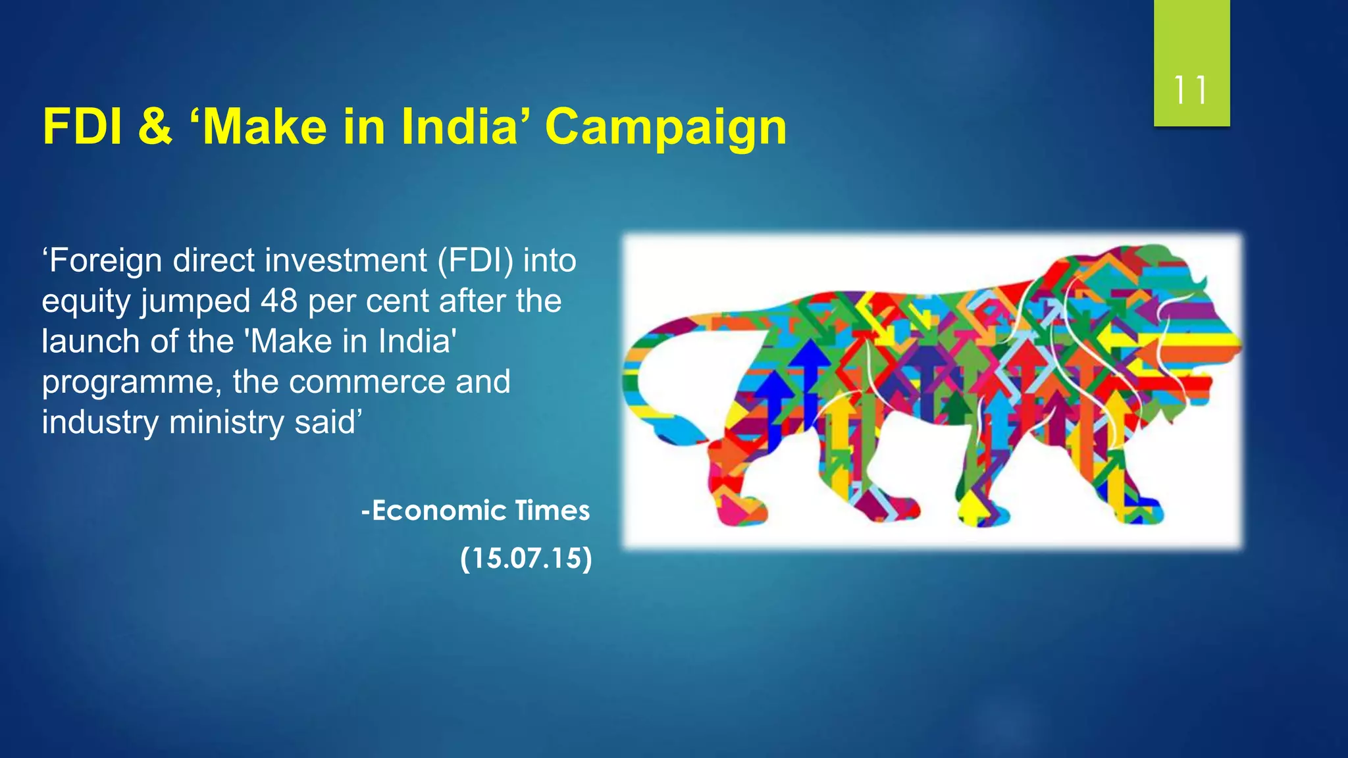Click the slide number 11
1191,90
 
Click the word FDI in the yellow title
83,126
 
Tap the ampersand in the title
155,126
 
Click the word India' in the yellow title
468,126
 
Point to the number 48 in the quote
278,301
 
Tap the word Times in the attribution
552,511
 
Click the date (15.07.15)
526,559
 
